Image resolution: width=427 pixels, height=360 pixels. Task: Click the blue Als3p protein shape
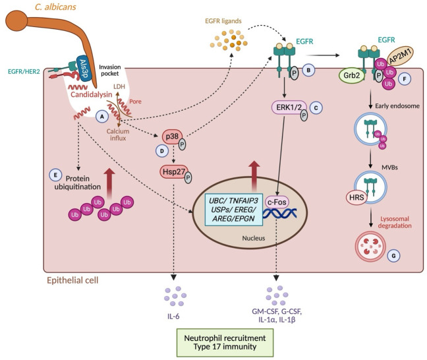point(84,69)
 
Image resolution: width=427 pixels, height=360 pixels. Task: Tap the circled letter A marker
point(102,117)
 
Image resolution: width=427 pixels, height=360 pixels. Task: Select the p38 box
point(172,136)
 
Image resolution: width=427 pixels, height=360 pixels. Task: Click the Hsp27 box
point(174,171)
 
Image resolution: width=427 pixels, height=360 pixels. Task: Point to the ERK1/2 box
point(289,107)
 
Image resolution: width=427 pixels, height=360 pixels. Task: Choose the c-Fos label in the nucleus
point(277,202)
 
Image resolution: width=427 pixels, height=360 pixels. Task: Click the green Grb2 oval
point(352,75)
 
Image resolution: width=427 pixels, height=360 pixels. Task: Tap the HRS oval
point(356,197)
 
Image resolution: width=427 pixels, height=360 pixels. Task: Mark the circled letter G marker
point(393,256)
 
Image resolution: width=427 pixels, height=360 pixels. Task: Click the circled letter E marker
point(55,175)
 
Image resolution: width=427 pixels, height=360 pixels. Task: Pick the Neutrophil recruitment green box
point(225,343)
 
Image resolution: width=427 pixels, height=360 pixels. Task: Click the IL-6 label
point(173,316)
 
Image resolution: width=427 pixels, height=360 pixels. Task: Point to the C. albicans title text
point(55,7)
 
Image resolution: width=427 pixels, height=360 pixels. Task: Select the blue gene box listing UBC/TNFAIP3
point(234,210)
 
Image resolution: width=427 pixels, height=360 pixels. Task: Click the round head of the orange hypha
point(16,20)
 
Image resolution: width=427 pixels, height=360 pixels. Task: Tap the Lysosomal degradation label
point(395,222)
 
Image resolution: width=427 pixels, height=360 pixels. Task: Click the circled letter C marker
point(316,107)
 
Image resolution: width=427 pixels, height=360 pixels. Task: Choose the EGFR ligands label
point(223,21)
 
